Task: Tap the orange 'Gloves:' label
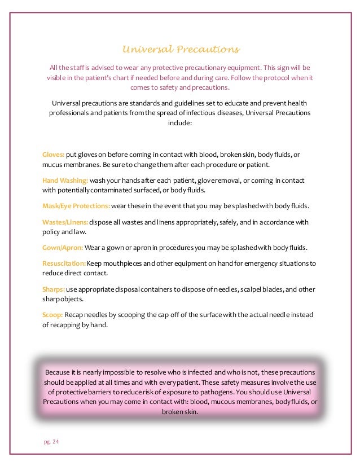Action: pos(54,155)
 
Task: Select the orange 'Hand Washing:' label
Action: pos(65,181)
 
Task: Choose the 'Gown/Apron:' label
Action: pos(63,248)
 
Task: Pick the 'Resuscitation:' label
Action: pos(64,264)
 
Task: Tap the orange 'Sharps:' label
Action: pos(54,289)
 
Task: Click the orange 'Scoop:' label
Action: pos(53,314)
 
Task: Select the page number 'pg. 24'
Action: pos(51,442)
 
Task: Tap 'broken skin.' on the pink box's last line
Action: pos(180,411)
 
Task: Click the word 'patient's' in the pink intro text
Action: pos(115,78)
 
